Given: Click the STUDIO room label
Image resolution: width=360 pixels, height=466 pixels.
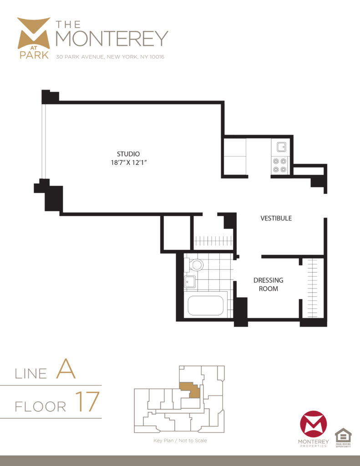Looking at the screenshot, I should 128,154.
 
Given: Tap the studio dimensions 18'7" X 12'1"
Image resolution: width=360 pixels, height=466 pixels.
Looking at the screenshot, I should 128,163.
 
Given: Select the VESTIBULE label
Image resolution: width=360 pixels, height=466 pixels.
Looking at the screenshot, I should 276,218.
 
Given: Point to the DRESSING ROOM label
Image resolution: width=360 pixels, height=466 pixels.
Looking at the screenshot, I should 268,284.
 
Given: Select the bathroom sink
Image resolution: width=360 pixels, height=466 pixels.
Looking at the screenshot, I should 190,282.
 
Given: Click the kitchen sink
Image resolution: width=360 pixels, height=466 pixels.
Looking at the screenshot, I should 281,147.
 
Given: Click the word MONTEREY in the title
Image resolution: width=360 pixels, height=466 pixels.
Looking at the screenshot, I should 112,39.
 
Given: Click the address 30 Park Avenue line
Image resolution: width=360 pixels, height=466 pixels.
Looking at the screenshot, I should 110,57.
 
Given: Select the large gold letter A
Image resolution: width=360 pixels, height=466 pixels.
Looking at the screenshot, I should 66,371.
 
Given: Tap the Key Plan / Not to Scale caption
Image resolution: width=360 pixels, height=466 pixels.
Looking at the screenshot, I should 180,441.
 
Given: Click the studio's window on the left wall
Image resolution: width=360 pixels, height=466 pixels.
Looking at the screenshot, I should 43,142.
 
